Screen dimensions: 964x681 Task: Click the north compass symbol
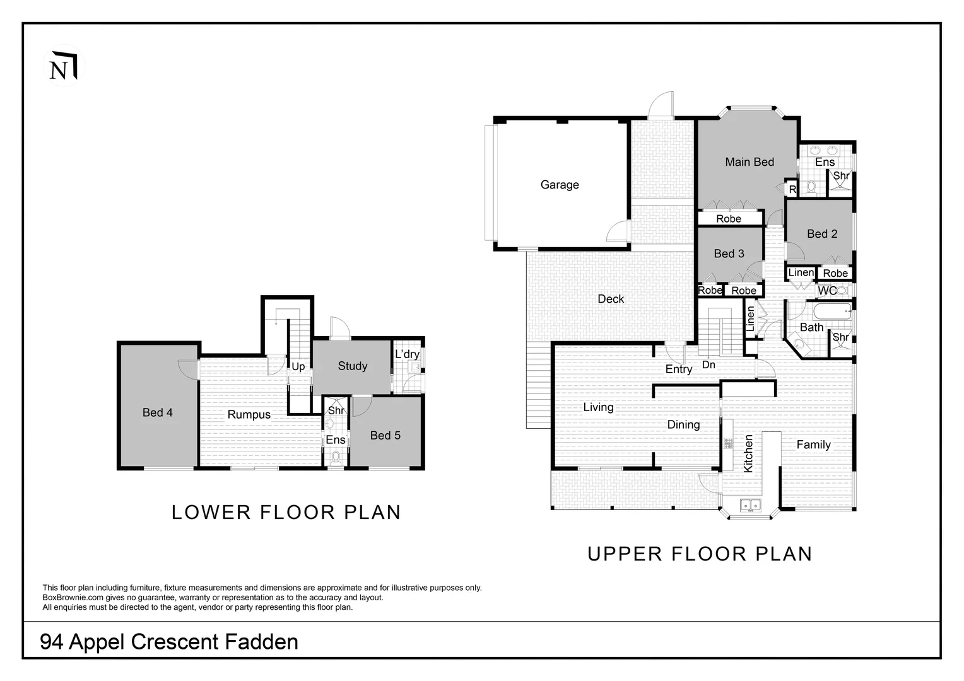pos(64,66)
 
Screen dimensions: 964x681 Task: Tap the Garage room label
pos(560,185)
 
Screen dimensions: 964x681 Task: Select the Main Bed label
pos(749,162)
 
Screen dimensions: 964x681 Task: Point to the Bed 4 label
pos(158,412)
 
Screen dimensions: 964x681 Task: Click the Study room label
pos(353,366)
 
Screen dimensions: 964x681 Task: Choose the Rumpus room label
pos(249,415)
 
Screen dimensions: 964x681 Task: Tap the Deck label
pos(611,299)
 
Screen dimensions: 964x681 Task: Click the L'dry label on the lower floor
pos(407,354)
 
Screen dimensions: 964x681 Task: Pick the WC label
pos(827,291)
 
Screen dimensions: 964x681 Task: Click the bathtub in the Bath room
pos(832,311)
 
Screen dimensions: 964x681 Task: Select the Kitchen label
pos(748,453)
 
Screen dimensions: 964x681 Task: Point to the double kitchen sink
pos(751,504)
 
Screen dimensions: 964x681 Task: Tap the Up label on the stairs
pos(298,367)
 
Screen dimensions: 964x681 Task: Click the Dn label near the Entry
pos(708,365)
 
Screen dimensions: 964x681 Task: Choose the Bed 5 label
pos(385,435)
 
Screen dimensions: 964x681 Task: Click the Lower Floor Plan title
pos(286,513)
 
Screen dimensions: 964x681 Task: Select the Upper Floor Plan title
pos(700,554)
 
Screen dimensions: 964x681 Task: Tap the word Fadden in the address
pos(262,642)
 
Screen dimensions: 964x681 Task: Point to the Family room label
pos(813,445)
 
